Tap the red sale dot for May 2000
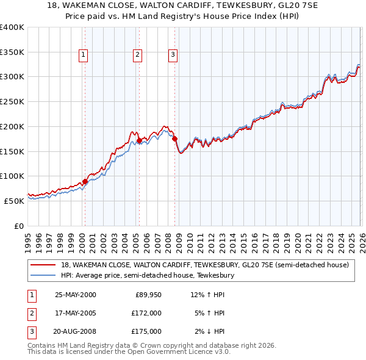[x=85, y=181]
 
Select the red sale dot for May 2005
[x=139, y=140]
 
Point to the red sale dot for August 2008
[x=174, y=139]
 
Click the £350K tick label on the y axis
[x=12, y=52]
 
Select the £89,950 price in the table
[x=148, y=295]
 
